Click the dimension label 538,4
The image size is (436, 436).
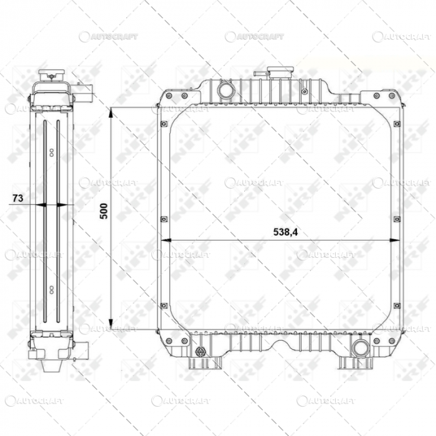point(286,232)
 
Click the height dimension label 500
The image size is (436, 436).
point(103,212)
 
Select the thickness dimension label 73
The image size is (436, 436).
point(17,198)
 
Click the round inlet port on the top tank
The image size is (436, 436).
point(225,91)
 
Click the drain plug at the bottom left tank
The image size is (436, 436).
point(201,351)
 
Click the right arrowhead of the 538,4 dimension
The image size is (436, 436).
point(397,240)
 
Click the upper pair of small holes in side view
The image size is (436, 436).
point(51,152)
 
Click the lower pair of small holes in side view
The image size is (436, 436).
point(51,288)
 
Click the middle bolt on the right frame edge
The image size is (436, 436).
point(397,219)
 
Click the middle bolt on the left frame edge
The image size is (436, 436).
point(164,219)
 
